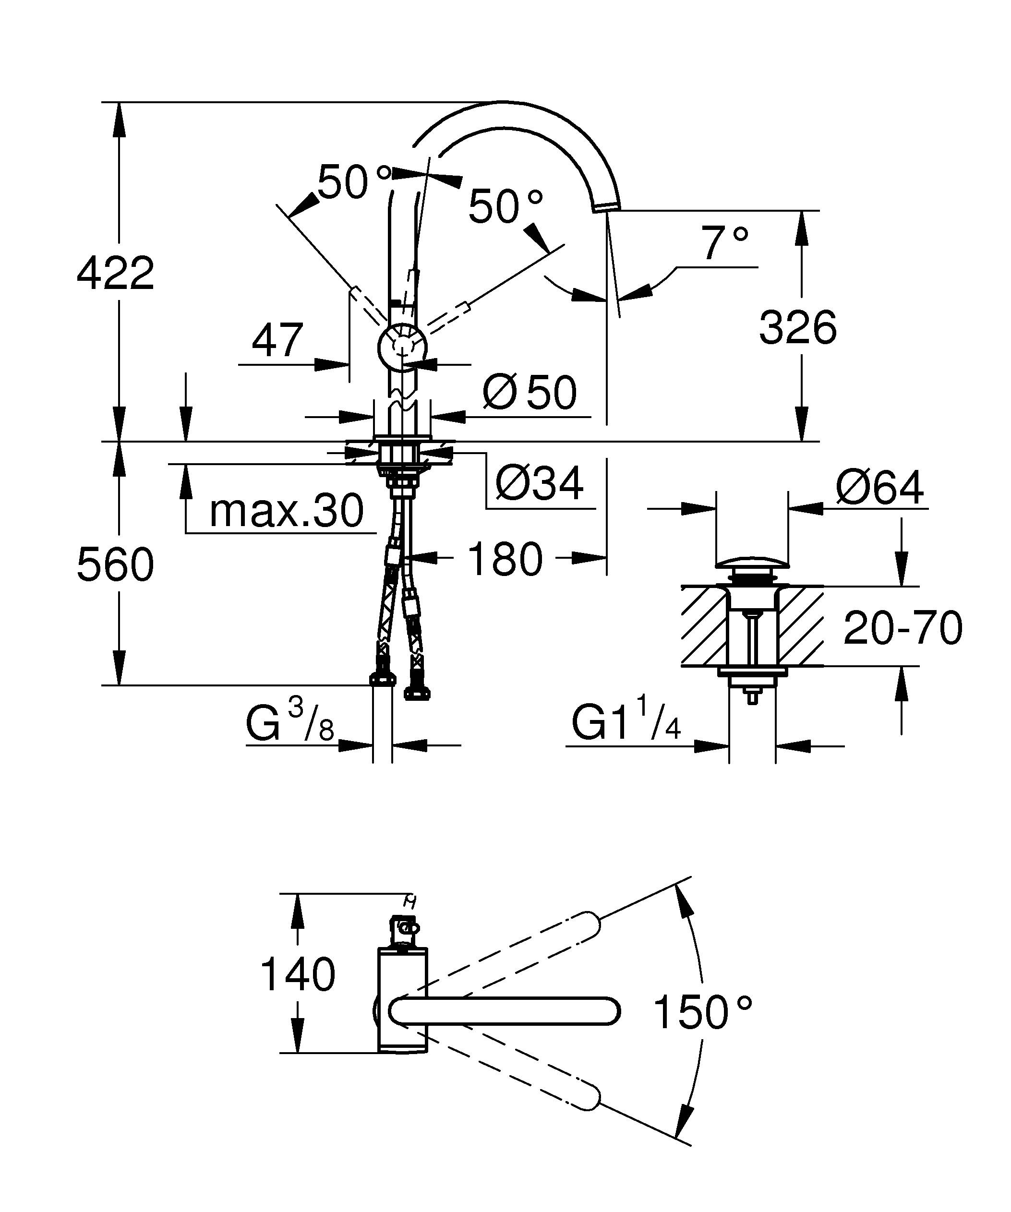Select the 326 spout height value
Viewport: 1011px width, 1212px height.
coord(797,328)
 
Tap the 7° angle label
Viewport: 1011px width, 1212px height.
coord(724,242)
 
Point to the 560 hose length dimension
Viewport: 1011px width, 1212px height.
coord(115,564)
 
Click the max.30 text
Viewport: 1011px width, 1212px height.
coord(286,511)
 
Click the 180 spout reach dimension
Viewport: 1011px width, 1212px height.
coord(505,559)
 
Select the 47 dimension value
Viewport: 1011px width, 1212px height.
coord(277,340)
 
